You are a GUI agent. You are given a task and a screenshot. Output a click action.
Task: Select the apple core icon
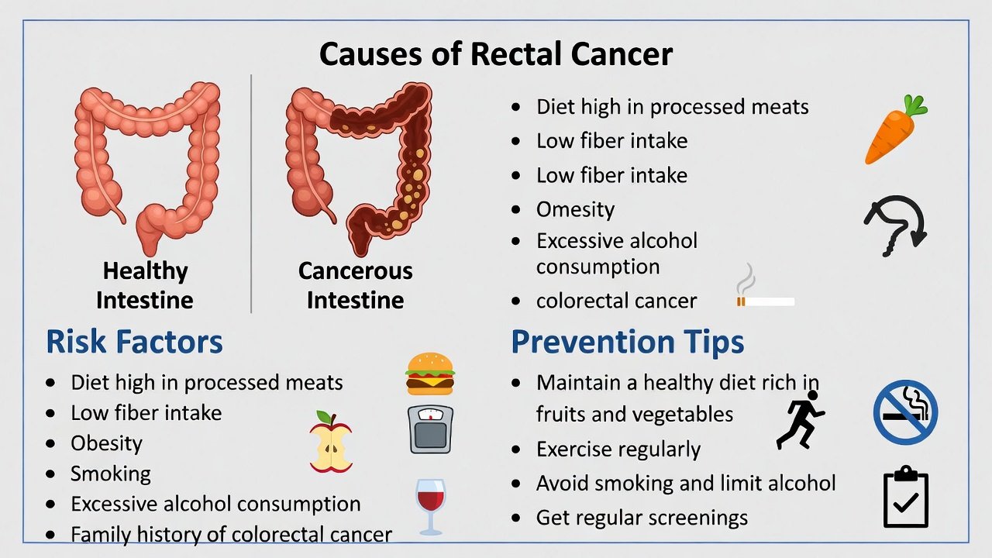(x=331, y=443)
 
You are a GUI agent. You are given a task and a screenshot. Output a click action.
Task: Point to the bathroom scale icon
(x=430, y=429)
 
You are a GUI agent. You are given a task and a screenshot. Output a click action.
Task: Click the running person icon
(x=801, y=419)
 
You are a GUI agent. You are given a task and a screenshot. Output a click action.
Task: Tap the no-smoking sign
(x=905, y=412)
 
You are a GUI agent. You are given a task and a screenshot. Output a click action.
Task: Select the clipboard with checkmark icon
(x=906, y=497)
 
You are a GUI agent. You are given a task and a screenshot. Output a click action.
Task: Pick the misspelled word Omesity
(x=575, y=209)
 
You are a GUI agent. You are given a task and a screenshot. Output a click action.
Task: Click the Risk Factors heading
(x=134, y=342)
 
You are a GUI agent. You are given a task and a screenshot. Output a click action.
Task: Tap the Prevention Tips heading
(x=628, y=342)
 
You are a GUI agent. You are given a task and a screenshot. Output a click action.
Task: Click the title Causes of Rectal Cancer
(x=496, y=54)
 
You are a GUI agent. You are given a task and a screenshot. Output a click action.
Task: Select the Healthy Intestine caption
(x=145, y=285)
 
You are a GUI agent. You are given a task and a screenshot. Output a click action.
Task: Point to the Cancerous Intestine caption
(x=355, y=285)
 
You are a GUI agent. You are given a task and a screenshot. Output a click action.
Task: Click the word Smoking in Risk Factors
(x=111, y=474)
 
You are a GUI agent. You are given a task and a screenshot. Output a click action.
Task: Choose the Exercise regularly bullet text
(x=618, y=449)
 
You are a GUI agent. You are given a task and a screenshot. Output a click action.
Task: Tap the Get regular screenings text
(x=642, y=518)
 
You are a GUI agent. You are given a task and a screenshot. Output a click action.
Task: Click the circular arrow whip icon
(x=896, y=225)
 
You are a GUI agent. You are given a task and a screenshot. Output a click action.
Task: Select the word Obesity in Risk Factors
(x=106, y=443)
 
